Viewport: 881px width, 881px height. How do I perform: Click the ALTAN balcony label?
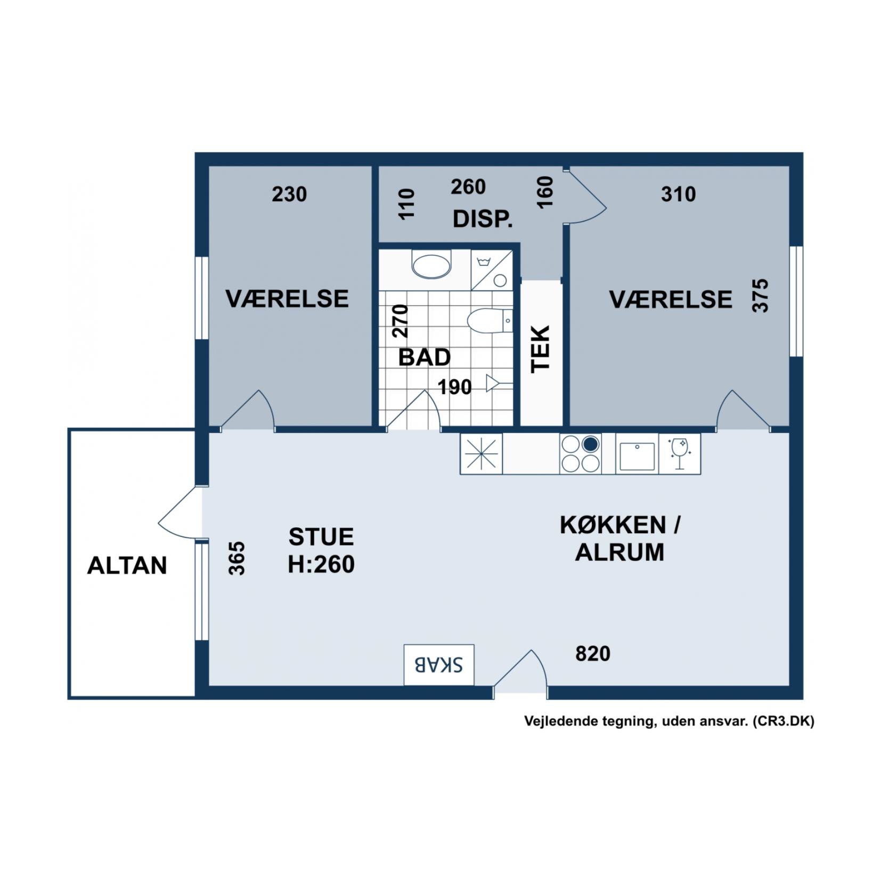coord(127,565)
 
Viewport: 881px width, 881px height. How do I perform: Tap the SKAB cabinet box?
coord(438,664)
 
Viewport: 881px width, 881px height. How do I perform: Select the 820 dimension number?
coord(592,654)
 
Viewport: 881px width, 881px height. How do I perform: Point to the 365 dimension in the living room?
coord(237,558)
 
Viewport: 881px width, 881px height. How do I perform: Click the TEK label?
coord(541,349)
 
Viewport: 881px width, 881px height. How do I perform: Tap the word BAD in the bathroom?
coord(425,357)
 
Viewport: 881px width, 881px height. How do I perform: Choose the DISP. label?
coord(483,219)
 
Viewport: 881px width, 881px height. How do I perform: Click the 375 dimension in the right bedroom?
coord(760,296)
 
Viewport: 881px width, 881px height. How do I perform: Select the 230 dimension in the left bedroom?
coord(289,194)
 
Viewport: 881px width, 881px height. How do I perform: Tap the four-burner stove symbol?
coord(580,453)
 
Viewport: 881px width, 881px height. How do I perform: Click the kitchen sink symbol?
coord(637,454)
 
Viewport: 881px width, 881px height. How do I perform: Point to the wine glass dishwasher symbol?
coord(680,454)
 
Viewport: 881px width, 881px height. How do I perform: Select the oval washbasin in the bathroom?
coord(431,265)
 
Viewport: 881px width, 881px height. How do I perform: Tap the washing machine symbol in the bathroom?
coord(492,271)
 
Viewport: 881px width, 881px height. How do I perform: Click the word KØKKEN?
coord(613,525)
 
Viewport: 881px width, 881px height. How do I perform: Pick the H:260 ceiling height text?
coord(321,564)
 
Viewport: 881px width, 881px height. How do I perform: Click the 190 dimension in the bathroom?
coord(455,387)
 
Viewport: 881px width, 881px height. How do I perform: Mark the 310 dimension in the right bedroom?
coord(678,194)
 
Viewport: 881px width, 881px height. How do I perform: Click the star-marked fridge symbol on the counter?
coord(482,454)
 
